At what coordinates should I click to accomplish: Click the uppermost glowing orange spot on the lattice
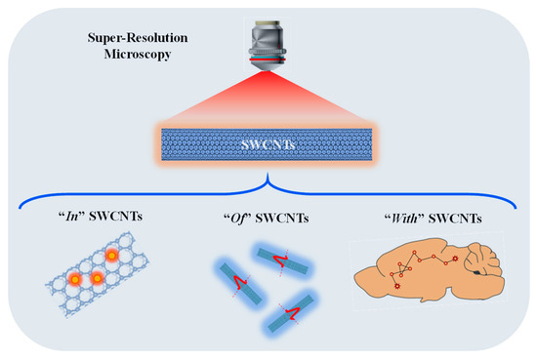pos(112,256)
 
